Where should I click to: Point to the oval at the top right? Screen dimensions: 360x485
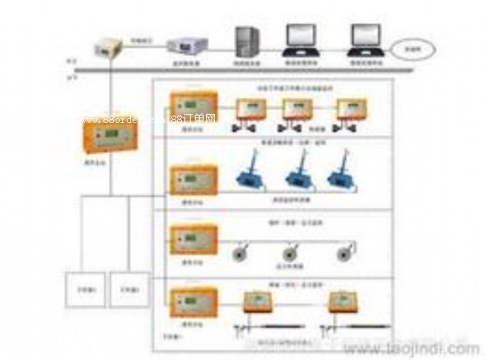(418, 50)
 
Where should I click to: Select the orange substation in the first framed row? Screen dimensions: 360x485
(192, 112)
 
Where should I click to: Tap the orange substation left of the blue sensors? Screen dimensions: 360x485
(192, 180)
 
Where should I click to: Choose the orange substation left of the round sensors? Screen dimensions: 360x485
(192, 240)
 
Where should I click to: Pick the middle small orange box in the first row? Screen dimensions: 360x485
(297, 108)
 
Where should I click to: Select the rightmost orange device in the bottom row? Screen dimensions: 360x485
(346, 304)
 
